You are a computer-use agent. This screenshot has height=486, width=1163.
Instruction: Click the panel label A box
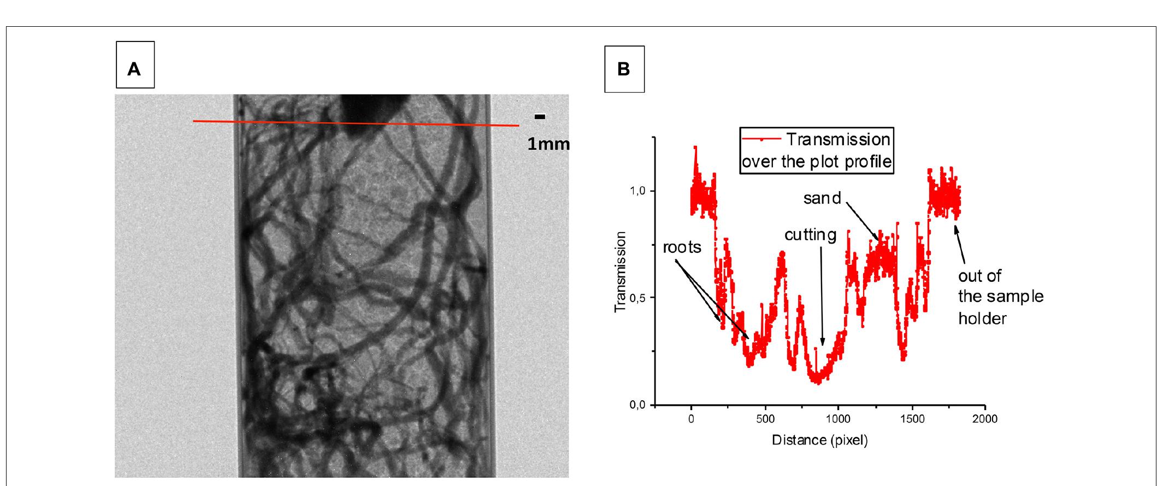pyautogui.click(x=135, y=65)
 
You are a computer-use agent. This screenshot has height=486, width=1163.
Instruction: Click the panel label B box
pyautogui.click(x=624, y=69)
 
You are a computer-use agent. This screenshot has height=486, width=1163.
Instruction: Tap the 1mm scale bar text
pyautogui.click(x=548, y=144)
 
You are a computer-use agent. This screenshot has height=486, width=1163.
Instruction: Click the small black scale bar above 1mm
pyautogui.click(x=540, y=116)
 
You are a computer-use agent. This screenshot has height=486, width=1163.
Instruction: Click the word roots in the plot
pyautogui.click(x=682, y=247)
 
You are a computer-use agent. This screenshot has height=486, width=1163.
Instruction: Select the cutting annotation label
pyautogui.click(x=810, y=235)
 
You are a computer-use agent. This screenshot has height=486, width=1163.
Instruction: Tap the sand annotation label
pyautogui.click(x=822, y=198)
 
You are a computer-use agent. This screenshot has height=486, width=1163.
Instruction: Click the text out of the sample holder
pyautogui.click(x=1000, y=297)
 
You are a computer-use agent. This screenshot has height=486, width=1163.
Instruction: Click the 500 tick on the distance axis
pyautogui.click(x=765, y=419)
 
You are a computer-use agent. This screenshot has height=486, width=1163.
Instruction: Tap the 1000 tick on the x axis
pyautogui.click(x=839, y=419)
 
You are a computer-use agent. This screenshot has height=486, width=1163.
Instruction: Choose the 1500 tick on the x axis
pyautogui.click(x=912, y=419)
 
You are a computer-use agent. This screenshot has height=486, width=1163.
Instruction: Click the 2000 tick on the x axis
pyautogui.click(x=985, y=419)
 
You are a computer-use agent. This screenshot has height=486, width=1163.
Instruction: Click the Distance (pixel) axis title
pyautogui.click(x=819, y=440)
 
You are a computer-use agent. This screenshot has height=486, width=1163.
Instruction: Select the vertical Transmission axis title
pyautogui.click(x=621, y=271)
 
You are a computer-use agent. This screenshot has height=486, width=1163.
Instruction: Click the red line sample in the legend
pyautogui.click(x=761, y=139)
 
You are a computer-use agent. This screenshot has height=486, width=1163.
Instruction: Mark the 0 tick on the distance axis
pyautogui.click(x=692, y=419)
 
